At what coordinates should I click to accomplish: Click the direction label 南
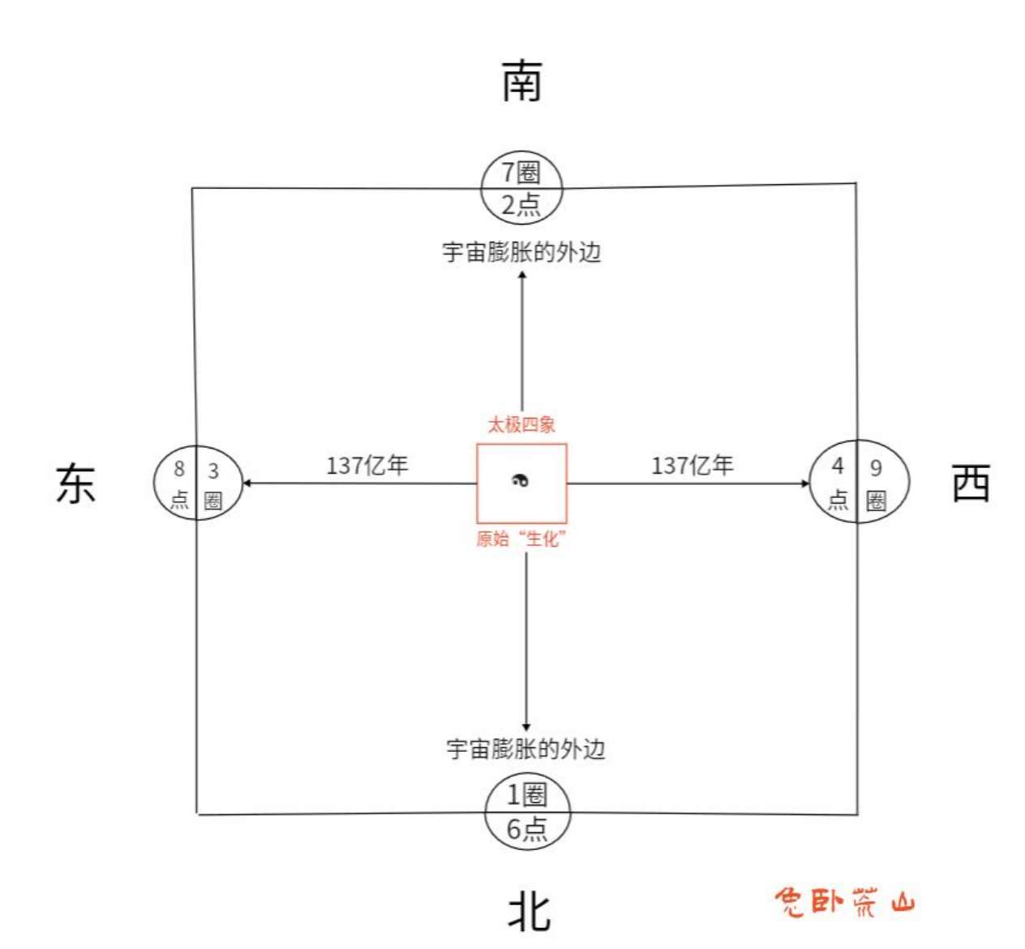[x=521, y=81]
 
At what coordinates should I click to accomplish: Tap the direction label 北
[x=530, y=911]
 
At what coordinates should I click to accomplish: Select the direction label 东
[x=76, y=484]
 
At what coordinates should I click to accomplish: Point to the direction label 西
[x=971, y=484]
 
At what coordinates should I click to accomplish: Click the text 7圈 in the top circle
[x=521, y=172]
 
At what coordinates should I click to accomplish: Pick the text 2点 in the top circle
[x=521, y=204]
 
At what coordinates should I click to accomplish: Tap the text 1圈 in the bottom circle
[x=527, y=794]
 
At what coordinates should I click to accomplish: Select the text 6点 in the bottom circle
[x=527, y=829]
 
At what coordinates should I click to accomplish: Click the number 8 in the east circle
[x=179, y=469]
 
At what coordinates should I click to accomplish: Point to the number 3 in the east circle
[x=213, y=470]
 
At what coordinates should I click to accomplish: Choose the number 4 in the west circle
[x=838, y=466]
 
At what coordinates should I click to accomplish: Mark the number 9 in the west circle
[x=876, y=467]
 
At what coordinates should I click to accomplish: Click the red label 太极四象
[x=521, y=424]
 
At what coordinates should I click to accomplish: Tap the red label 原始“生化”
[x=521, y=539]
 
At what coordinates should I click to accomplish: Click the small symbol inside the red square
[x=521, y=481]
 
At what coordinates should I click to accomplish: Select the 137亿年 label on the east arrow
[x=367, y=466]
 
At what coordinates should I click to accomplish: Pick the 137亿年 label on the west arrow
[x=693, y=466]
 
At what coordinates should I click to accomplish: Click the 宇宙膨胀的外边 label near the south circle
[x=521, y=252]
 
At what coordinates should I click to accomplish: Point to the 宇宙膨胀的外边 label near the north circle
[x=525, y=749]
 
